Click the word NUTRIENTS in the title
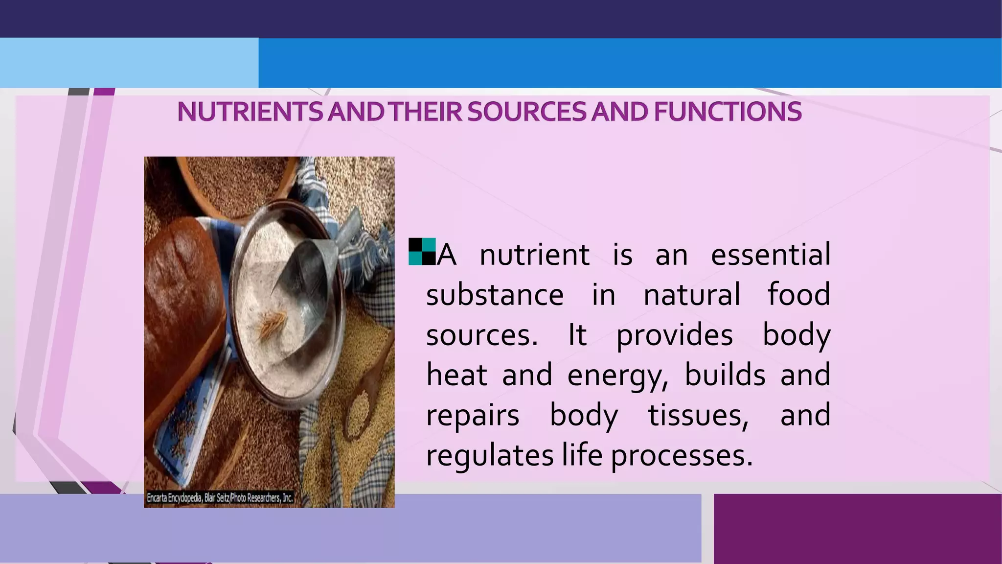point(250,112)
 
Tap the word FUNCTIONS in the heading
point(728,112)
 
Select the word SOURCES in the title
point(526,112)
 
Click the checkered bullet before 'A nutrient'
point(422,252)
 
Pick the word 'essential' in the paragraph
point(770,255)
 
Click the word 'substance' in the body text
point(495,295)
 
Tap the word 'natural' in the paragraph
point(692,295)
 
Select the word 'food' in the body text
point(798,295)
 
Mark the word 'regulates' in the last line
point(490,456)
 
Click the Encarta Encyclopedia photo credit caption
point(220,498)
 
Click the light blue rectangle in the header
point(129,63)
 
